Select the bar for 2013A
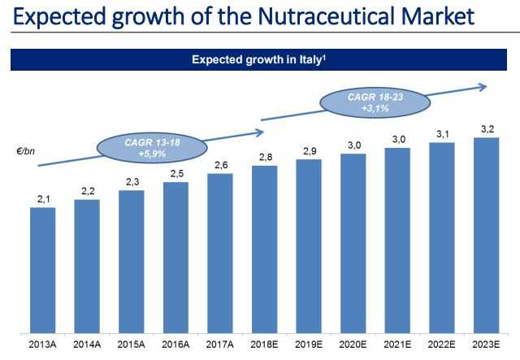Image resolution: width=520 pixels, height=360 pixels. click(x=42, y=270)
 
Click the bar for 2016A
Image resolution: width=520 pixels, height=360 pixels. click(x=175, y=257)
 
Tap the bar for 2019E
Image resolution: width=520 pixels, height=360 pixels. click(x=308, y=245)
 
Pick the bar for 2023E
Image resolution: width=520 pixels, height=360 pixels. click(x=485, y=235)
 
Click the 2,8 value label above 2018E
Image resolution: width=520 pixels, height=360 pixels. click(x=264, y=157)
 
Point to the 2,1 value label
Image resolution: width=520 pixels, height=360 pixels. click(x=42, y=198)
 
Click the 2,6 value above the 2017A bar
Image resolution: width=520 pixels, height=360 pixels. click(x=219, y=166)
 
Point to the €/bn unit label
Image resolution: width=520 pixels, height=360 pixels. click(x=28, y=152)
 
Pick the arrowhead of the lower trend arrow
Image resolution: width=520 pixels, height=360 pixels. click(x=261, y=132)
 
